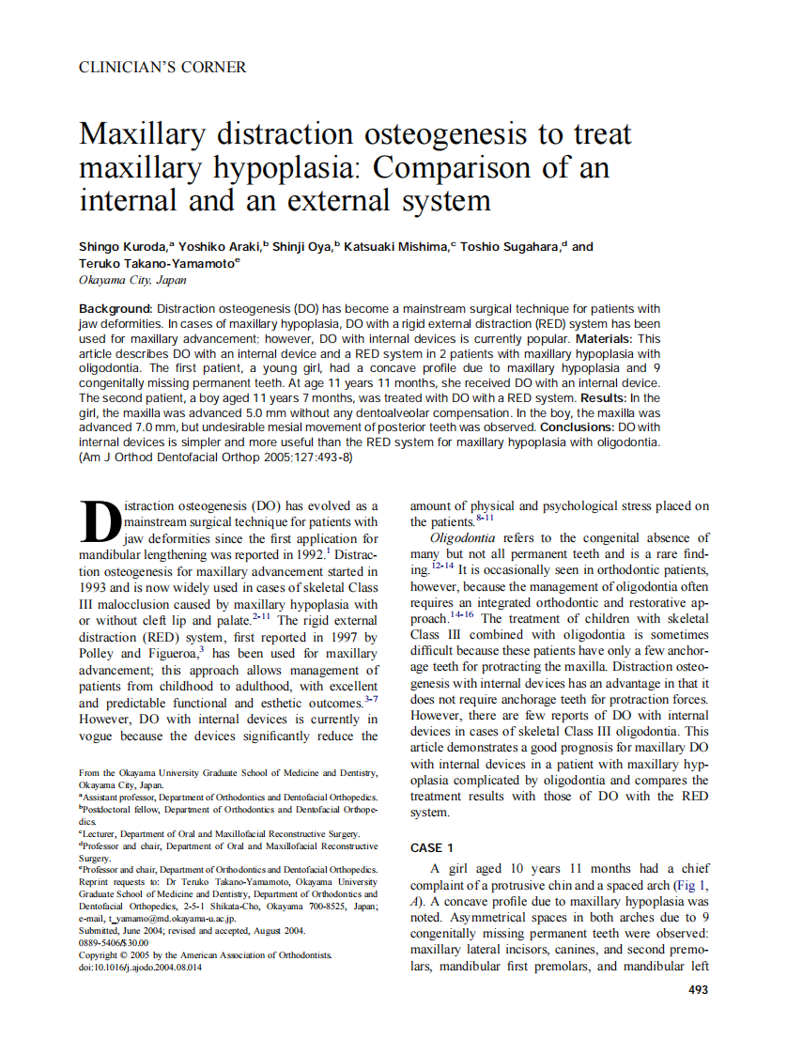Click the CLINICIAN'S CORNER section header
162,68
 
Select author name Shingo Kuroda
122,247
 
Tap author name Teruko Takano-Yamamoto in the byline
156,264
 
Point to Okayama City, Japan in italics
132,280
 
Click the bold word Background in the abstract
115,309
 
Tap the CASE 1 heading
432,847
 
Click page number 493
698,989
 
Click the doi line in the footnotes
140,967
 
